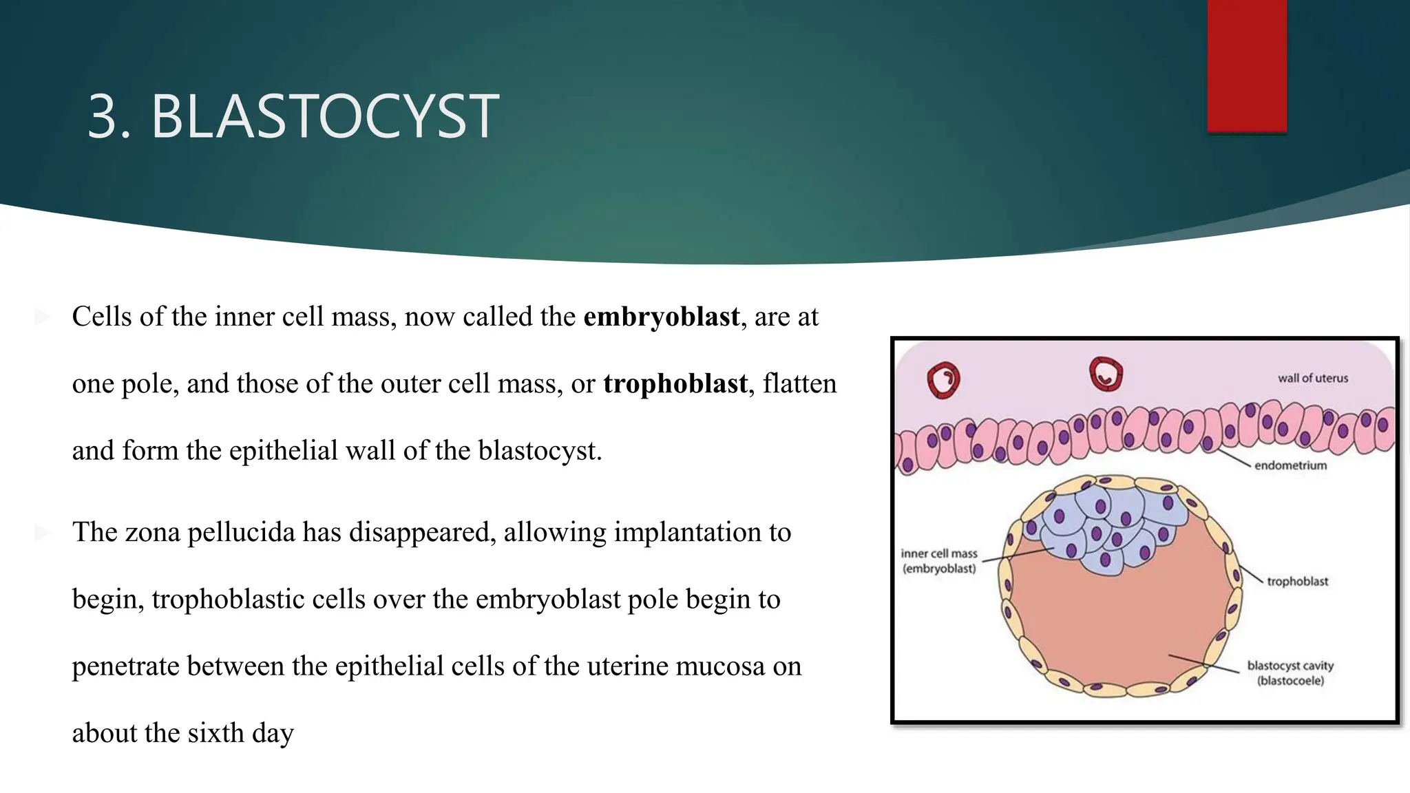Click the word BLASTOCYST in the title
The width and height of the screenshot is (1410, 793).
click(x=324, y=116)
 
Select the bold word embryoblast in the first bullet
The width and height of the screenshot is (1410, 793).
click(x=661, y=317)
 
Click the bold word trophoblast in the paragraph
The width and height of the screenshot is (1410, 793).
click(x=675, y=383)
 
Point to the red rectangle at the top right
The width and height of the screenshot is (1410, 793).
click(x=1246, y=65)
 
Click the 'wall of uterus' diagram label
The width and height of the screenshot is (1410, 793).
click(x=1312, y=378)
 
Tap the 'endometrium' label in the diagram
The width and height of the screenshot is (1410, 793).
click(x=1290, y=465)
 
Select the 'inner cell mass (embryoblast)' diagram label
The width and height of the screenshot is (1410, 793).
click(x=939, y=561)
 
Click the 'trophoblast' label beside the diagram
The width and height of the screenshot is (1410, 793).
click(x=1297, y=581)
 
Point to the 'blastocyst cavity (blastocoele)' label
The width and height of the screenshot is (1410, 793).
click(x=1290, y=673)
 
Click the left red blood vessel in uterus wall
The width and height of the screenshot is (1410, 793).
click(x=943, y=380)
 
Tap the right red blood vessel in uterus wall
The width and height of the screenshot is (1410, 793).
click(x=1106, y=374)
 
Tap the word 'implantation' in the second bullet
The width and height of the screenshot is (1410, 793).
click(x=695, y=532)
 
